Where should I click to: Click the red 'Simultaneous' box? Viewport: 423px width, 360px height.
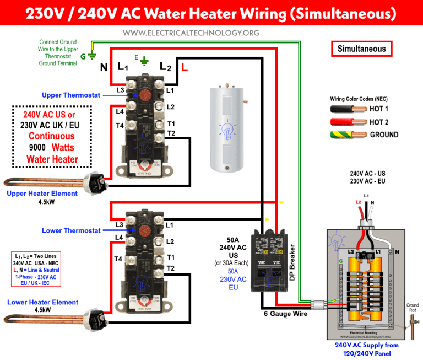(x=362, y=49)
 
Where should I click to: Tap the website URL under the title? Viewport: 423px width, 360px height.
(x=191, y=33)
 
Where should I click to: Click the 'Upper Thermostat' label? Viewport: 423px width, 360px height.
(x=71, y=95)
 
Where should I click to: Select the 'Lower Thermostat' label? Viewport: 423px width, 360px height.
(x=71, y=230)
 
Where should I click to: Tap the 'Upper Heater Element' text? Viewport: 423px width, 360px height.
(x=42, y=194)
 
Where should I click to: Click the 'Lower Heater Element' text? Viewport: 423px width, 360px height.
(x=42, y=302)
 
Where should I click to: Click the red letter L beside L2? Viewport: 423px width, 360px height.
(x=185, y=68)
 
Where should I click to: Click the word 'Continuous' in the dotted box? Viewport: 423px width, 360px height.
(x=52, y=136)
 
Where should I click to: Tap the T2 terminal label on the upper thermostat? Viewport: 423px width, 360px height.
(x=171, y=133)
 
